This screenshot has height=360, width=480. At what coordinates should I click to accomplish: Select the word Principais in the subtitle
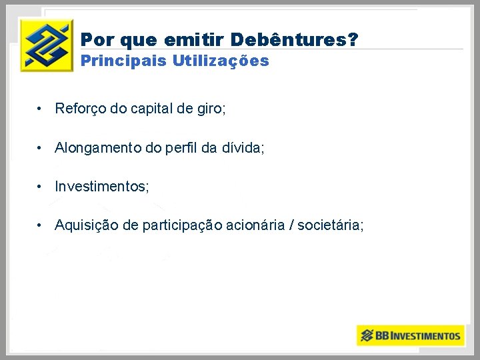pos(123,61)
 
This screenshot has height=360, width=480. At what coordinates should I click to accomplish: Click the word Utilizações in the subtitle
pos(221,61)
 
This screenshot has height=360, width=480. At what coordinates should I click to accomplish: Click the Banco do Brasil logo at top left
pos(46,45)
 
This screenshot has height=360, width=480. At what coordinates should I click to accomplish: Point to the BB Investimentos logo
pos(409,335)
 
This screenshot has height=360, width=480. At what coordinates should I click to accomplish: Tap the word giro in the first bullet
pos(211,109)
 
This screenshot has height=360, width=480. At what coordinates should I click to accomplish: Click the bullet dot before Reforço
pos(41,109)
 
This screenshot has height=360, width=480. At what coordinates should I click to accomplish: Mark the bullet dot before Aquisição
pos(41,225)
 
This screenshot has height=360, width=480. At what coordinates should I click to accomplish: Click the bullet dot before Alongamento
pos(41,148)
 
